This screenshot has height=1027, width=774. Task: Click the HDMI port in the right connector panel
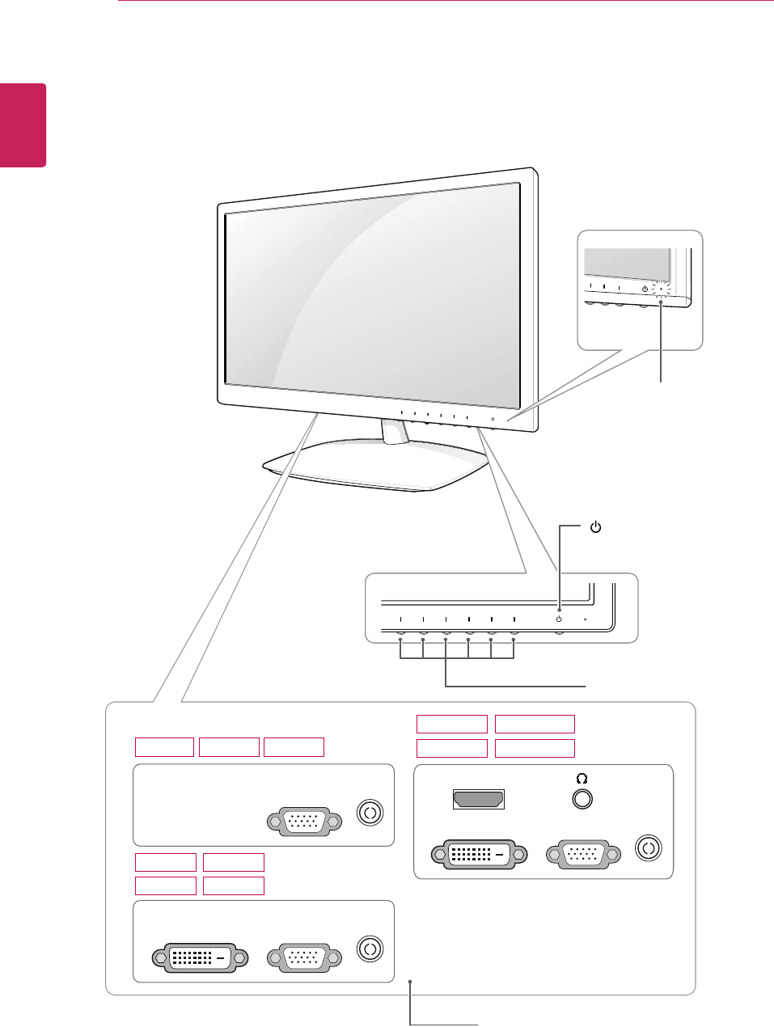coord(478,800)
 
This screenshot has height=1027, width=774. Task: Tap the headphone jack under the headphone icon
coord(582,800)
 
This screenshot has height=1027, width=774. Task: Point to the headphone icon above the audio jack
coord(582,779)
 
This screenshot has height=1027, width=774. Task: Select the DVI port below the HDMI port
coord(479,854)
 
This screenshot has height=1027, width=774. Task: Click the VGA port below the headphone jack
coord(584,854)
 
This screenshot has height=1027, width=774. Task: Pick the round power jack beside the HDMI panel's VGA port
coord(649,849)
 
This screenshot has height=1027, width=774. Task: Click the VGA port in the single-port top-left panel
coord(304,822)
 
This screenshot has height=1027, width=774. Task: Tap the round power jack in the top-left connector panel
coord(370,813)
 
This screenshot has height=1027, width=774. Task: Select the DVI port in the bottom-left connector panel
coord(200,957)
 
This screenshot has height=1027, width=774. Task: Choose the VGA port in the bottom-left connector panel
coord(304,957)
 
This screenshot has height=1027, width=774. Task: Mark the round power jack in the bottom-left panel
coord(370,949)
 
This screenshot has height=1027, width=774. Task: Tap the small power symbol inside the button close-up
coord(559,619)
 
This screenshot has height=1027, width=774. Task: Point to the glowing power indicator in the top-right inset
coord(661,290)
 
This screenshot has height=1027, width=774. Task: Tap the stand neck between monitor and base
coord(395,433)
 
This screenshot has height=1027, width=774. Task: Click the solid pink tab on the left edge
coord(23,125)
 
